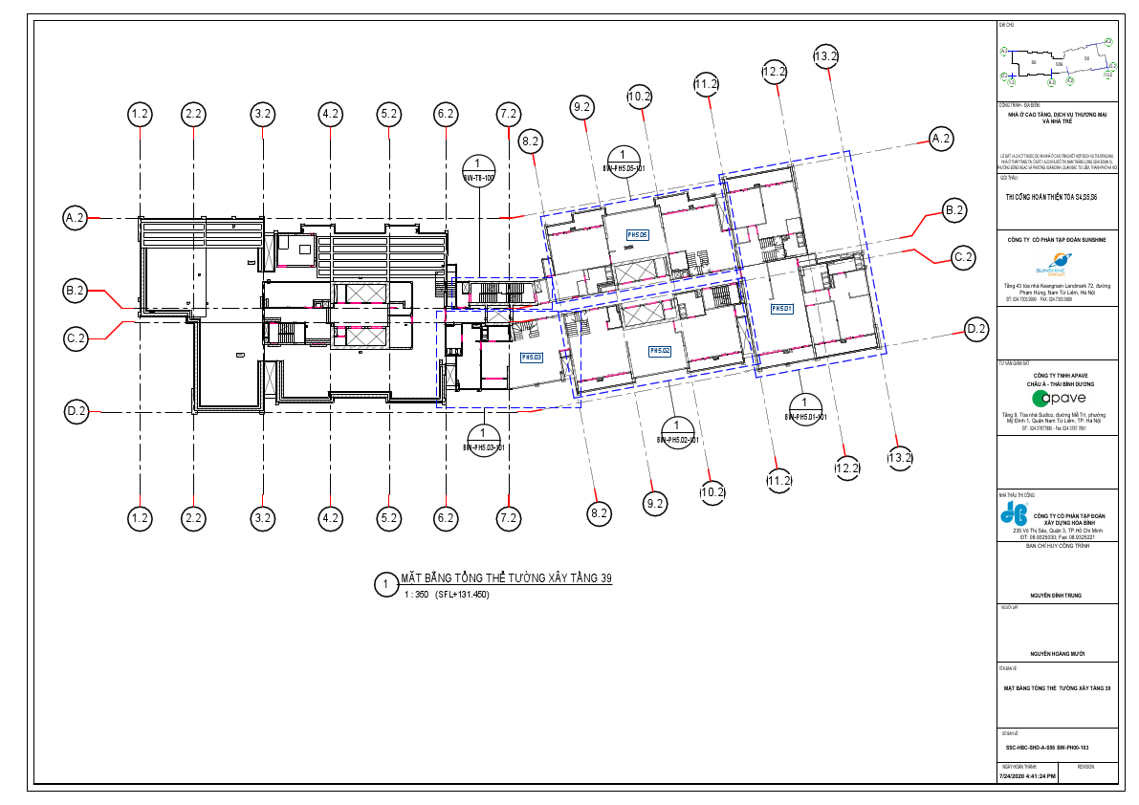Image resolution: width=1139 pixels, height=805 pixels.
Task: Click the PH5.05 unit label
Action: (638, 234)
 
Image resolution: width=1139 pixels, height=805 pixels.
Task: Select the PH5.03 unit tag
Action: (532, 358)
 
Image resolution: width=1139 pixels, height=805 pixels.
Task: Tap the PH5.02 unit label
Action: (660, 351)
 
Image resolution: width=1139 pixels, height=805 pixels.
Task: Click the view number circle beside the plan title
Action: (384, 584)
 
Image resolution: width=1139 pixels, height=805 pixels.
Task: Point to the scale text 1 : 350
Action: (417, 595)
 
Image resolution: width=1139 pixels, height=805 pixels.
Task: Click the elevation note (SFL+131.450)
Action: (462, 595)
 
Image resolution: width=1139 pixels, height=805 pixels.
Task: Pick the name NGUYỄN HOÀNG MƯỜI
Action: (1057, 655)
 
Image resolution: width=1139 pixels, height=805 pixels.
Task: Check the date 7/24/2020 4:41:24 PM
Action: (1028, 776)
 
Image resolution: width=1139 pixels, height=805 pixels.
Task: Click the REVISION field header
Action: (1085, 767)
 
